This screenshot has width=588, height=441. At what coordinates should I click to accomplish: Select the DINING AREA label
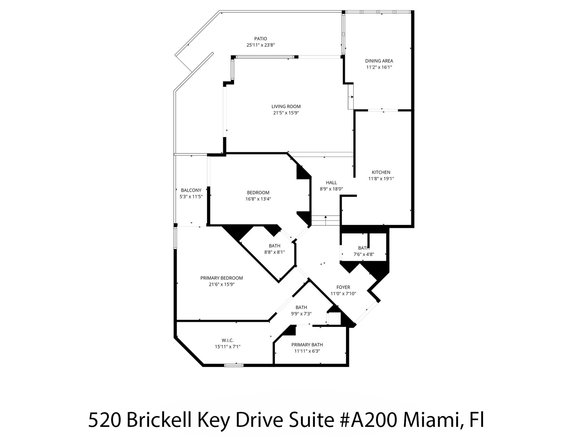pyautogui.click(x=379, y=61)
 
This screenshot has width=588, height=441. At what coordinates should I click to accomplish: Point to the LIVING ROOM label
pyautogui.click(x=286, y=106)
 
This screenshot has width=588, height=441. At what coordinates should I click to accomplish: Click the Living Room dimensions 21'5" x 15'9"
pyautogui.click(x=286, y=113)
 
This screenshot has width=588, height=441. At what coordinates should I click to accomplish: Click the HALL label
pyautogui.click(x=331, y=183)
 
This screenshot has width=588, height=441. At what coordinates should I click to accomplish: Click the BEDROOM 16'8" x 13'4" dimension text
pyautogui.click(x=258, y=199)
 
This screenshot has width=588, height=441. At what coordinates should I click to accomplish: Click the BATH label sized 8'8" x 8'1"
pyautogui.click(x=274, y=246)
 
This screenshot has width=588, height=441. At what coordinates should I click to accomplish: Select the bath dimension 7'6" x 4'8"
pyautogui.click(x=363, y=254)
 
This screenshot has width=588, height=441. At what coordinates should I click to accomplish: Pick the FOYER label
pyautogui.click(x=343, y=287)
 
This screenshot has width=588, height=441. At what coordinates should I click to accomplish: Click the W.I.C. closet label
pyautogui.click(x=227, y=340)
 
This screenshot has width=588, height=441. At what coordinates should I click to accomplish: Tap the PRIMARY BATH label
pyautogui.click(x=307, y=345)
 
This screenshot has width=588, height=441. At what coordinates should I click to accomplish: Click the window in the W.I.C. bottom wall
pyautogui.click(x=234, y=366)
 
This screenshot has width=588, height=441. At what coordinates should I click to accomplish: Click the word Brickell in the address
pyautogui.click(x=159, y=420)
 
